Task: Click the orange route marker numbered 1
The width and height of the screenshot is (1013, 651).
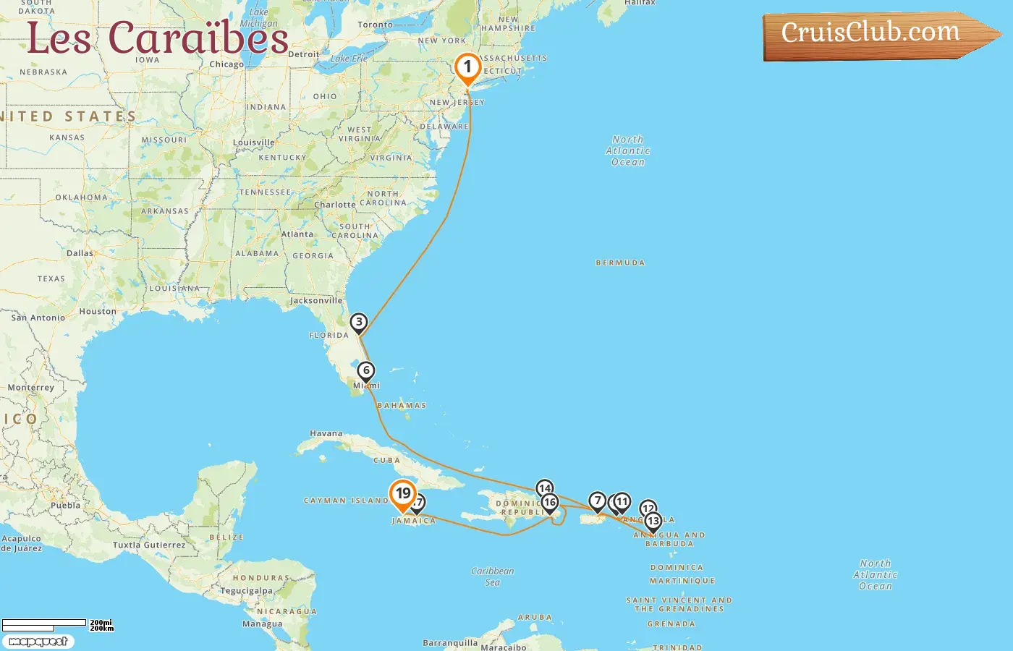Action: [467, 68]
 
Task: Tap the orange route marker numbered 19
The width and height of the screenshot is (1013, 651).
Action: [402, 494]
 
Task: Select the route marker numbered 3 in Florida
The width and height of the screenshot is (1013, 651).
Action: [358, 323]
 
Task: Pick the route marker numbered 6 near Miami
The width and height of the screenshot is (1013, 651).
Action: [366, 371]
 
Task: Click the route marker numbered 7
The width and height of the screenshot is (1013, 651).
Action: [597, 501]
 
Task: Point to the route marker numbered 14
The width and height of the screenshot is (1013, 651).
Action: [545, 488]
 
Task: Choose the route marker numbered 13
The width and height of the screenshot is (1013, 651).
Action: [653, 521]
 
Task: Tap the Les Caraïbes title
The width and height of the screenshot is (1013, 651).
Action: [158, 38]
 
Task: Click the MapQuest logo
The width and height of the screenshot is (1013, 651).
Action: [38, 642]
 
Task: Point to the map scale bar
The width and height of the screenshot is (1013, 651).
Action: [45, 624]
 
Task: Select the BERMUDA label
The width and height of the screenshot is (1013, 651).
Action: [620, 263]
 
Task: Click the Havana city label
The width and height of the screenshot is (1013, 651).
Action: [326, 434]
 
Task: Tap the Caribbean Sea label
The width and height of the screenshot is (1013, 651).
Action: [493, 576]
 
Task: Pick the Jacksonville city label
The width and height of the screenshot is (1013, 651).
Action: [316, 300]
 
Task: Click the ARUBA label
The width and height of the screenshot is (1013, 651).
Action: [535, 618]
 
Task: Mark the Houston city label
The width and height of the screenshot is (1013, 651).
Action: [98, 312]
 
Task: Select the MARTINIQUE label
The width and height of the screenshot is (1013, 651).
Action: [682, 581]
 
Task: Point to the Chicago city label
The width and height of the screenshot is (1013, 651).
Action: [226, 64]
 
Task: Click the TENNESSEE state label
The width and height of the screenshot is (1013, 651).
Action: [266, 192]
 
